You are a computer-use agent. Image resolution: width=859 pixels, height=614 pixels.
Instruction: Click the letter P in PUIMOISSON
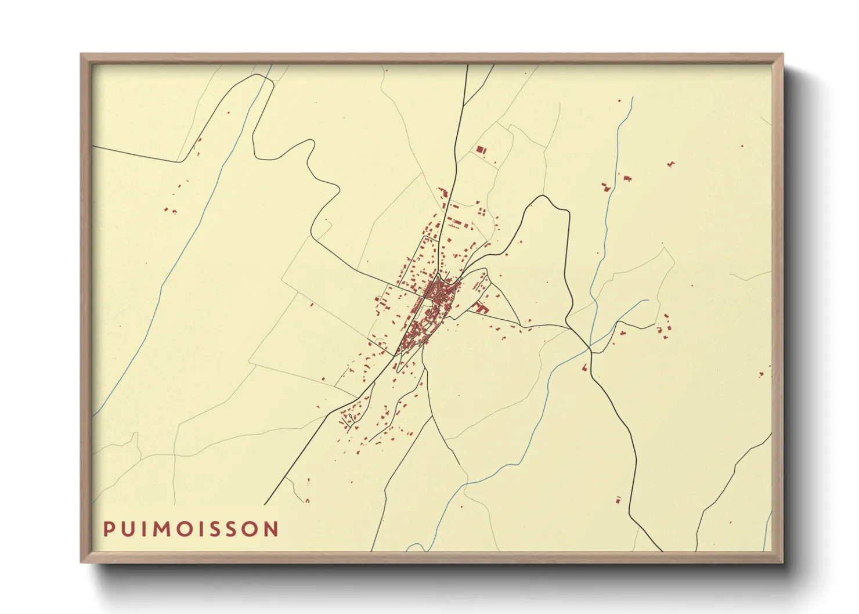tap(109, 529)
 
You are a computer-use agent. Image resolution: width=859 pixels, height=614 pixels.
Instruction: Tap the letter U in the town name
tap(128, 529)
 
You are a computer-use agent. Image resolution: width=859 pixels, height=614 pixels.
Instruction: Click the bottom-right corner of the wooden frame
tap(782, 562)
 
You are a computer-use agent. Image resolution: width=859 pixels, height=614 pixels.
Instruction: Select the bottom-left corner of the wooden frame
tap(82, 562)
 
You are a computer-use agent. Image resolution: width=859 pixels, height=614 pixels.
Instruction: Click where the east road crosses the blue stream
tap(590, 348)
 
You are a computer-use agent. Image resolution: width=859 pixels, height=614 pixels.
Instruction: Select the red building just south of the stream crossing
tap(584, 367)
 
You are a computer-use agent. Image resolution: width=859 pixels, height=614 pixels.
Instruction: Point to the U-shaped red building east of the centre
tap(480, 308)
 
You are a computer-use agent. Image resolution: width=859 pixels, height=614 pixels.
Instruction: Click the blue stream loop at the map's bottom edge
tap(414, 547)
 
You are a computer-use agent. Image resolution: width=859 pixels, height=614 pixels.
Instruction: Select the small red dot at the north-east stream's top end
tap(619, 101)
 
